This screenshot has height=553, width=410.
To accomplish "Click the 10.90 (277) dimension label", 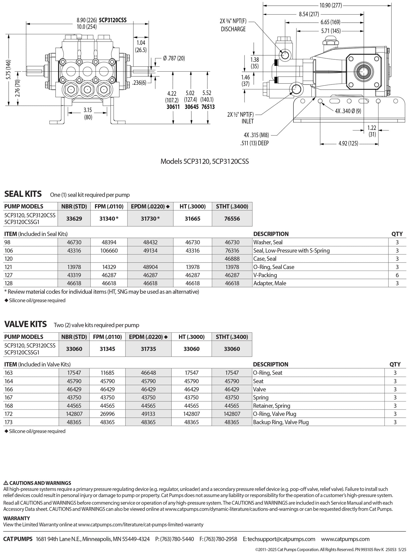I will (x=330, y=5).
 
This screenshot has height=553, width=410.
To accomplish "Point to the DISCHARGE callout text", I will (x=233, y=29).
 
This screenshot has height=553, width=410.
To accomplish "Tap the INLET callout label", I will (x=248, y=121).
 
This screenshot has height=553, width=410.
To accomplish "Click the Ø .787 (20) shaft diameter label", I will (x=174, y=58).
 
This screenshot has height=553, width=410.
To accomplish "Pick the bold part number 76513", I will (x=208, y=107).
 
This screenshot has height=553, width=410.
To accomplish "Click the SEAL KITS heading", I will (x=23, y=194).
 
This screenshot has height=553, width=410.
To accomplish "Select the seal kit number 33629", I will (x=74, y=218).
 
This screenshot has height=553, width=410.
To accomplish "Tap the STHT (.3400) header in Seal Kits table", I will (x=232, y=207).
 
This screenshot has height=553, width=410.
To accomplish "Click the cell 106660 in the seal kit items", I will (x=109, y=251).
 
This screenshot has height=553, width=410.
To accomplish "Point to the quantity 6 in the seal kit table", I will (x=397, y=275).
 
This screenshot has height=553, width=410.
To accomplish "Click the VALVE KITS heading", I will (x=25, y=324).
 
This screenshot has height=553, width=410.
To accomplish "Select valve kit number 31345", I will (x=107, y=349).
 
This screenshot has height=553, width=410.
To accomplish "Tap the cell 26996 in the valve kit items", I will (x=107, y=414).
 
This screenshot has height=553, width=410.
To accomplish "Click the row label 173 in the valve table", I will (x=9, y=422).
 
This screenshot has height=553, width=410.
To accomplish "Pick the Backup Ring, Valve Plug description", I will (x=281, y=422).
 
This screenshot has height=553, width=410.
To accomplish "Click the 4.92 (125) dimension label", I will (x=348, y=143).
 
